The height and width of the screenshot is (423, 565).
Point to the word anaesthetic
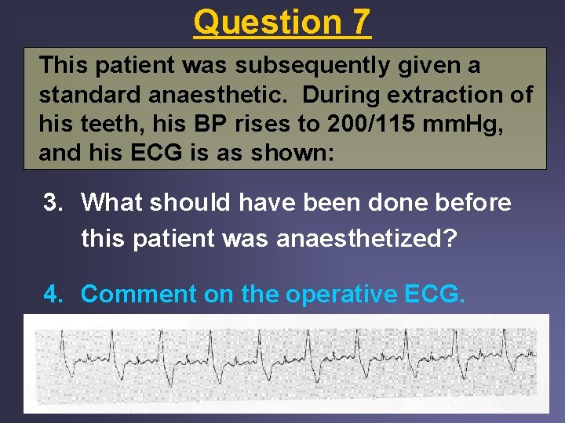coord(222,96)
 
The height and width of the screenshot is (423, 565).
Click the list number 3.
coord(53,203)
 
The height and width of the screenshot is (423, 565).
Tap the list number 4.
coord(53,294)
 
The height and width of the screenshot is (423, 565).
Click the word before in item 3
coord(470,203)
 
